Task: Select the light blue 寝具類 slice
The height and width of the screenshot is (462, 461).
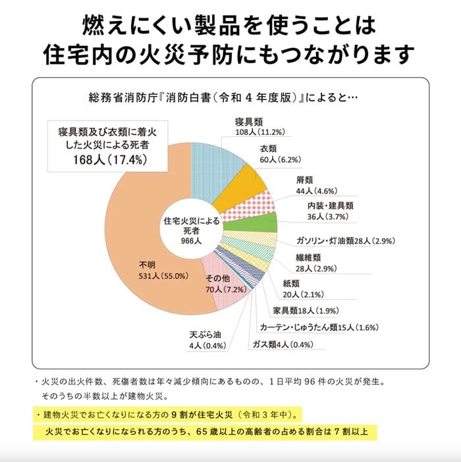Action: (214, 168)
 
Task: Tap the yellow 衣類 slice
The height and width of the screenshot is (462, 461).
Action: (241, 188)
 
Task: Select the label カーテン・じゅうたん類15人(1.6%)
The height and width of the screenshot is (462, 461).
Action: (317, 327)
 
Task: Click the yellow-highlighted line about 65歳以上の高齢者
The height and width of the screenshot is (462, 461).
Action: (206, 432)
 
